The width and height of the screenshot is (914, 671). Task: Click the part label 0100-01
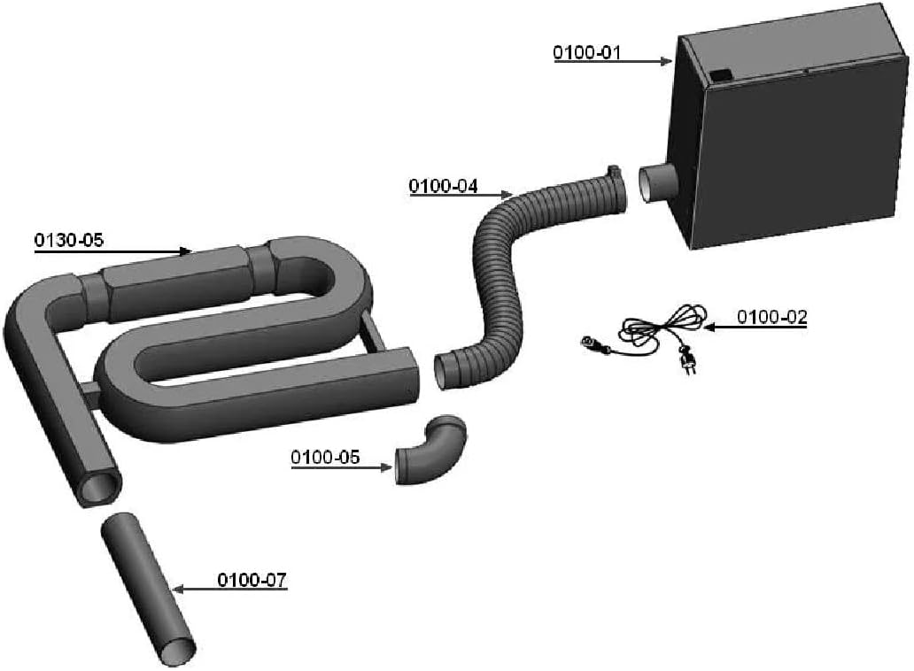587,52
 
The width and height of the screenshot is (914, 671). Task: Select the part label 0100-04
443,187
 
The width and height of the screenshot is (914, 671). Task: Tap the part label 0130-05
69,240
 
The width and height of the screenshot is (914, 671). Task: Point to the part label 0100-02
772,318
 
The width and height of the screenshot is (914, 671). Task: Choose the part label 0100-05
325,458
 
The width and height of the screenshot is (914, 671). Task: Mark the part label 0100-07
252,580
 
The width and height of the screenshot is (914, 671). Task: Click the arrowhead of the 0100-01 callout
667,61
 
